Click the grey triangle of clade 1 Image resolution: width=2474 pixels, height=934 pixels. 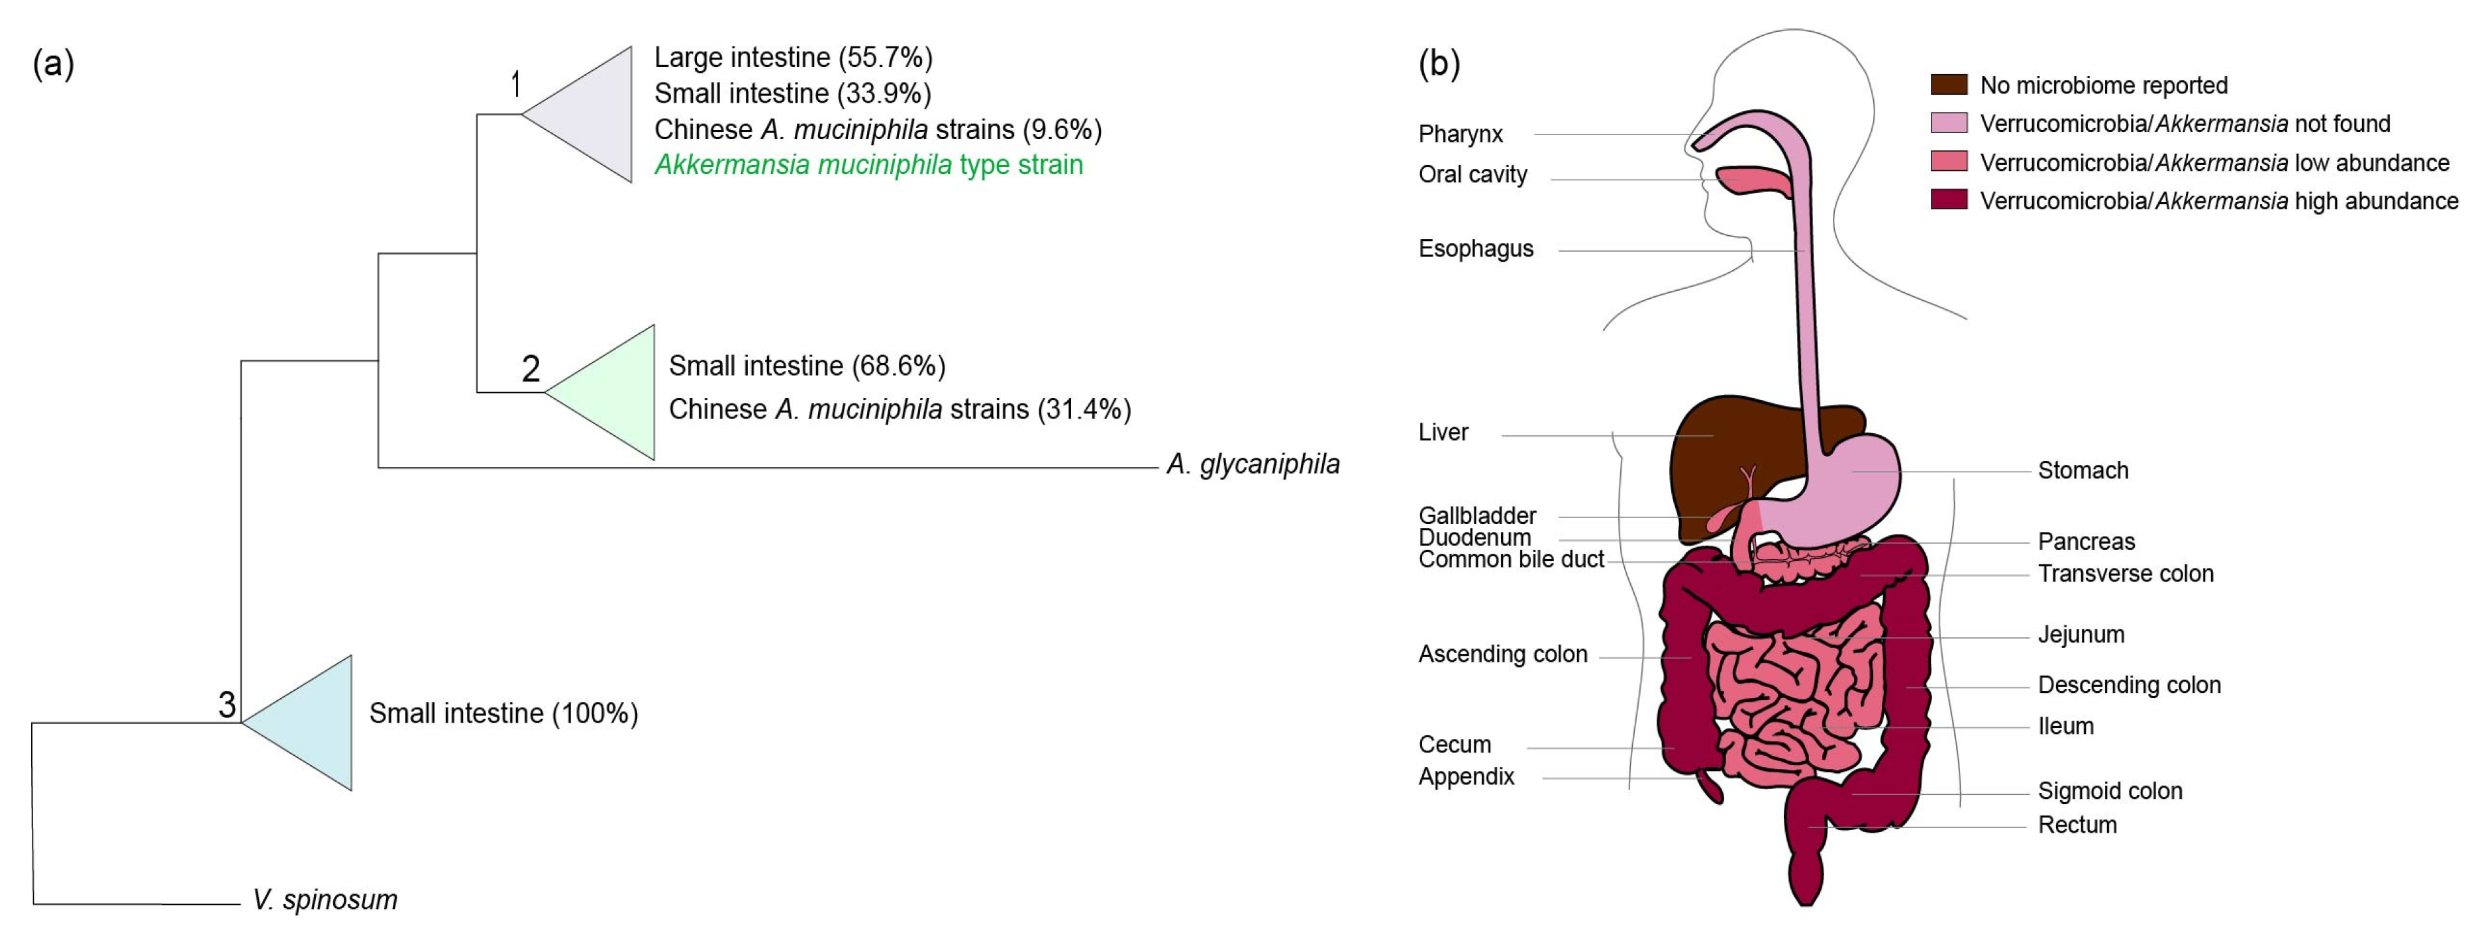point(591,115)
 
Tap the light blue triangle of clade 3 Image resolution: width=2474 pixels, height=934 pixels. point(312,723)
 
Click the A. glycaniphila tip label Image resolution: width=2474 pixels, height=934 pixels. point(1253,465)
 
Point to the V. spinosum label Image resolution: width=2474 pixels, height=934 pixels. point(325,900)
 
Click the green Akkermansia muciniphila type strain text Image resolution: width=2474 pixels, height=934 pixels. point(868,166)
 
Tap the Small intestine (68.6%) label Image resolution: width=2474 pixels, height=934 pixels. point(807,366)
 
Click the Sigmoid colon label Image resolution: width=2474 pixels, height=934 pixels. point(2110,791)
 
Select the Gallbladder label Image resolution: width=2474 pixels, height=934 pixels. point(1477,516)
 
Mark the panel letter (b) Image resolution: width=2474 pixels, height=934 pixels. point(1439,64)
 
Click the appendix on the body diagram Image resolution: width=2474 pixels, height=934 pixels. point(1712,786)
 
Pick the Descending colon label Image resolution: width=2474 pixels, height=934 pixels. point(2129,685)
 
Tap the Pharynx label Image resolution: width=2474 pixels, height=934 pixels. point(1460,134)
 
